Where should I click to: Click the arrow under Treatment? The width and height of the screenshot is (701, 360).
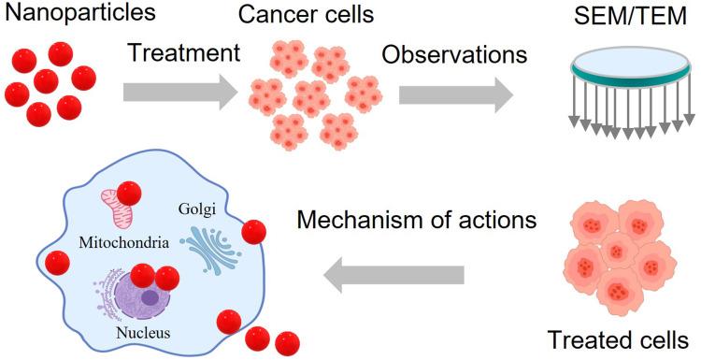coord(180,93)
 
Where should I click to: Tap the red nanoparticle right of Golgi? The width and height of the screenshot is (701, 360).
coord(250,232)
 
